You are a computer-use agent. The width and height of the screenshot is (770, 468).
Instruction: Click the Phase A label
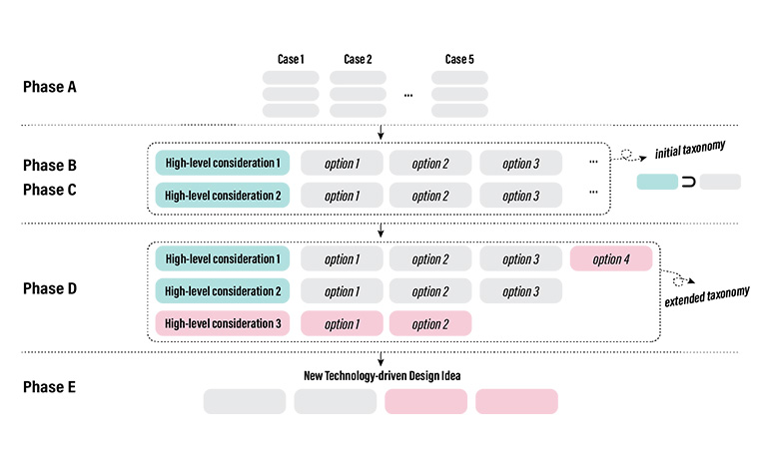point(50,88)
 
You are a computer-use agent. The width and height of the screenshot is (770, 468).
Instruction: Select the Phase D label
point(50,290)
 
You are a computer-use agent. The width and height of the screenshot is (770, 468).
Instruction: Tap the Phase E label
point(50,387)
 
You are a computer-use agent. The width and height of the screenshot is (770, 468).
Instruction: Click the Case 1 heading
point(290,60)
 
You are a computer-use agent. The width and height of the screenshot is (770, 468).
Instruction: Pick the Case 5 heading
point(459,60)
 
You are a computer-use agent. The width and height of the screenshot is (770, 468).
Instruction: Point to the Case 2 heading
point(358,60)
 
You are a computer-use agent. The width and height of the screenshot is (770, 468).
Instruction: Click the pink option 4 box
point(611,259)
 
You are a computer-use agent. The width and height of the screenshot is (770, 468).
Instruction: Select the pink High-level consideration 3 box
point(223,323)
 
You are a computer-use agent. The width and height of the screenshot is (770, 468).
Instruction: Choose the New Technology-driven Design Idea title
point(380,376)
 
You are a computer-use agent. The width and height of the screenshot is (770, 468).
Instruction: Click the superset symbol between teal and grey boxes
point(688,182)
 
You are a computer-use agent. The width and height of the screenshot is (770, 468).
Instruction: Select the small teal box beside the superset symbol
point(656,182)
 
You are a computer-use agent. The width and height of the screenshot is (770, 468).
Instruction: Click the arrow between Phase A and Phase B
point(381,133)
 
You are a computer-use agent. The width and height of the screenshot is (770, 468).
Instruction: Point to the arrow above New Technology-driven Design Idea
point(381,359)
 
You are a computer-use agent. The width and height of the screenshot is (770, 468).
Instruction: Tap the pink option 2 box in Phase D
point(430,323)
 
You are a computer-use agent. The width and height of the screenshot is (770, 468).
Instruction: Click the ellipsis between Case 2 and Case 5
point(408,95)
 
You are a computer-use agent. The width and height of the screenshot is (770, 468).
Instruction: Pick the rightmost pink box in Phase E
point(516,401)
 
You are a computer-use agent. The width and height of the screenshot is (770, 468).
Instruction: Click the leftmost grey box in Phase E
point(245,401)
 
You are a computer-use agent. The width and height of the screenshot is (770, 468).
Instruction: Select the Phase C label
point(50,190)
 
